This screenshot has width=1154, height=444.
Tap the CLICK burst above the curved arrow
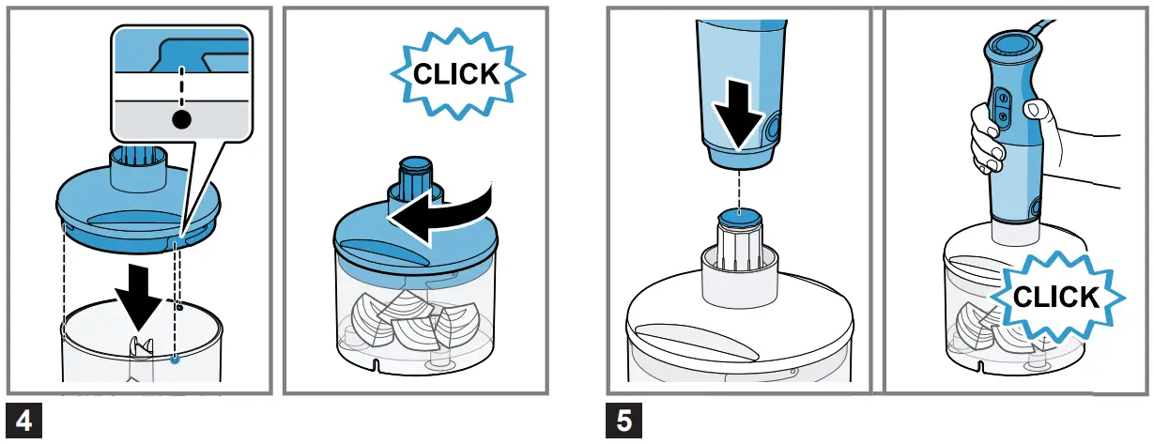[x=456, y=74]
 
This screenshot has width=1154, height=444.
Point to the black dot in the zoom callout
[x=181, y=119]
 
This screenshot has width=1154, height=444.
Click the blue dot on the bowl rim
[x=176, y=358]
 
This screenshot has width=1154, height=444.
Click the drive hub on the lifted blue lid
[x=139, y=165]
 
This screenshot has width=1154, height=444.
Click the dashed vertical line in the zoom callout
[x=181, y=79]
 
